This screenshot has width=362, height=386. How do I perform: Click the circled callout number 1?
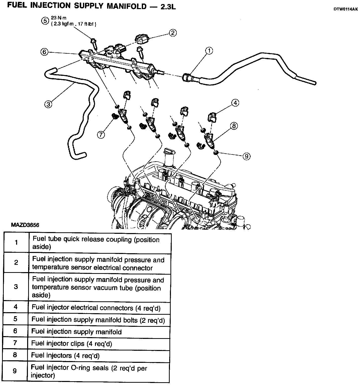tap(209, 51)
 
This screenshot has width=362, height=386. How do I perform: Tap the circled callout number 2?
tap(173, 33)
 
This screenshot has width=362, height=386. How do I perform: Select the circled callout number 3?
tap(48, 104)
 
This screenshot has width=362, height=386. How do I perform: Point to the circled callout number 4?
tap(235, 103)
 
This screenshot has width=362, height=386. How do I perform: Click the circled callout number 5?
tap(45, 21)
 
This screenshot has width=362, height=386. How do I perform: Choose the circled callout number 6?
tap(44, 52)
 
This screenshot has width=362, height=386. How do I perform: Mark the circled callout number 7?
tap(101, 135)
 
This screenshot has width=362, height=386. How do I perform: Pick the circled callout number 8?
tap(234, 125)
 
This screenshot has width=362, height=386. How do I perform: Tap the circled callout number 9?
tap(246, 156)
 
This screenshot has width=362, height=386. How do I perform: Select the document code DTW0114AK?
tap(345, 9)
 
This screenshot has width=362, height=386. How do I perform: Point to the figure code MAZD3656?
tap(25, 225)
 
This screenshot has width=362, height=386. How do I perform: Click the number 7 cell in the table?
tap(15, 343)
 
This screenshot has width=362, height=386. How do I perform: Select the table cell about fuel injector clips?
tap(71, 344)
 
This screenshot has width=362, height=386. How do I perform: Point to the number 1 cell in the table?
tap(16, 243)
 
